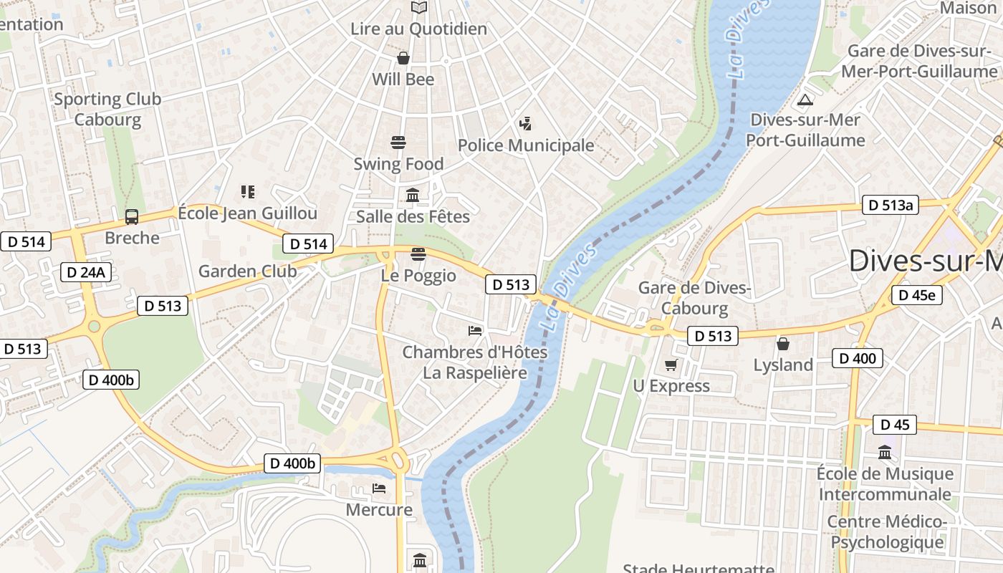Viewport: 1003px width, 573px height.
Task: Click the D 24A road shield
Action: click(85, 271)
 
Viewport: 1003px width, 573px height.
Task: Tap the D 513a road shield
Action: click(890, 206)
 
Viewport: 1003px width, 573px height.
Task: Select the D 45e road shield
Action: click(916, 295)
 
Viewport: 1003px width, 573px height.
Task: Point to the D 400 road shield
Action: click(857, 358)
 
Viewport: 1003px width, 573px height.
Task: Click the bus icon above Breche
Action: click(132, 216)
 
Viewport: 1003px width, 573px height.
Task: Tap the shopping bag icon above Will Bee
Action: click(403, 58)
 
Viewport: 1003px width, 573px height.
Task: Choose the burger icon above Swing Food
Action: click(398, 142)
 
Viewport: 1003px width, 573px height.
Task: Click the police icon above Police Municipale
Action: click(525, 124)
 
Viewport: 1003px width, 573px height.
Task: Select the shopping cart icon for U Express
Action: click(671, 365)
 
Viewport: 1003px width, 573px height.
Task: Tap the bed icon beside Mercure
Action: click(379, 488)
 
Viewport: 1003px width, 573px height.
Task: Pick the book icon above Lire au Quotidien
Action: click(419, 7)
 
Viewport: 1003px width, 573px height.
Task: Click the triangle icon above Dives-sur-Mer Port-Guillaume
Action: click(805, 100)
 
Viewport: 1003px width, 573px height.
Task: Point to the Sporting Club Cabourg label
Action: click(107, 109)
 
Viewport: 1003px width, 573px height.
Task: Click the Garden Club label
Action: click(247, 271)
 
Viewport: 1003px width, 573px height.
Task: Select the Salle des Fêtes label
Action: click(413, 216)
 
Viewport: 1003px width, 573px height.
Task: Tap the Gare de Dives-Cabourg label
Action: click(694, 298)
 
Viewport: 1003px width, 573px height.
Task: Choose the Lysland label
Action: click(783, 365)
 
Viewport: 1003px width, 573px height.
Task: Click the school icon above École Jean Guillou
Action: click(248, 192)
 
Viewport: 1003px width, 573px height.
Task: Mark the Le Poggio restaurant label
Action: click(418, 276)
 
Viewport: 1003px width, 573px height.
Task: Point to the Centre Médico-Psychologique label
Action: click(887, 532)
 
